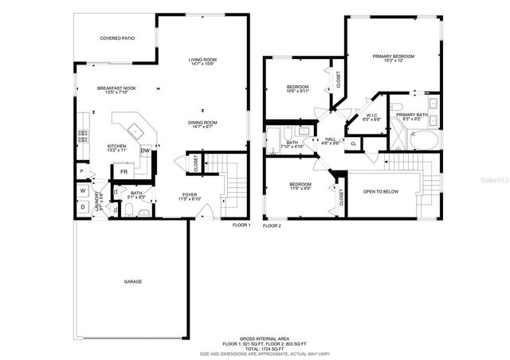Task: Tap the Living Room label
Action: coord(202,61)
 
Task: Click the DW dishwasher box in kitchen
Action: coord(146,151)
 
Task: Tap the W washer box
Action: coord(82,190)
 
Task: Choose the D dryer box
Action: coord(82,207)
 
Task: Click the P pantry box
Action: coord(82,172)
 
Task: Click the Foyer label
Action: coord(190,194)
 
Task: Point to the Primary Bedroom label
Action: coord(394,57)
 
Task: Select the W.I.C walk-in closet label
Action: coord(372,116)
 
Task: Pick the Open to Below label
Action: coord(381,191)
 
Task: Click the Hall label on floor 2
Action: coord(330,139)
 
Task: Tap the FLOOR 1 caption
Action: coord(241,225)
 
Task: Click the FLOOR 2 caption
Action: coord(273,225)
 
